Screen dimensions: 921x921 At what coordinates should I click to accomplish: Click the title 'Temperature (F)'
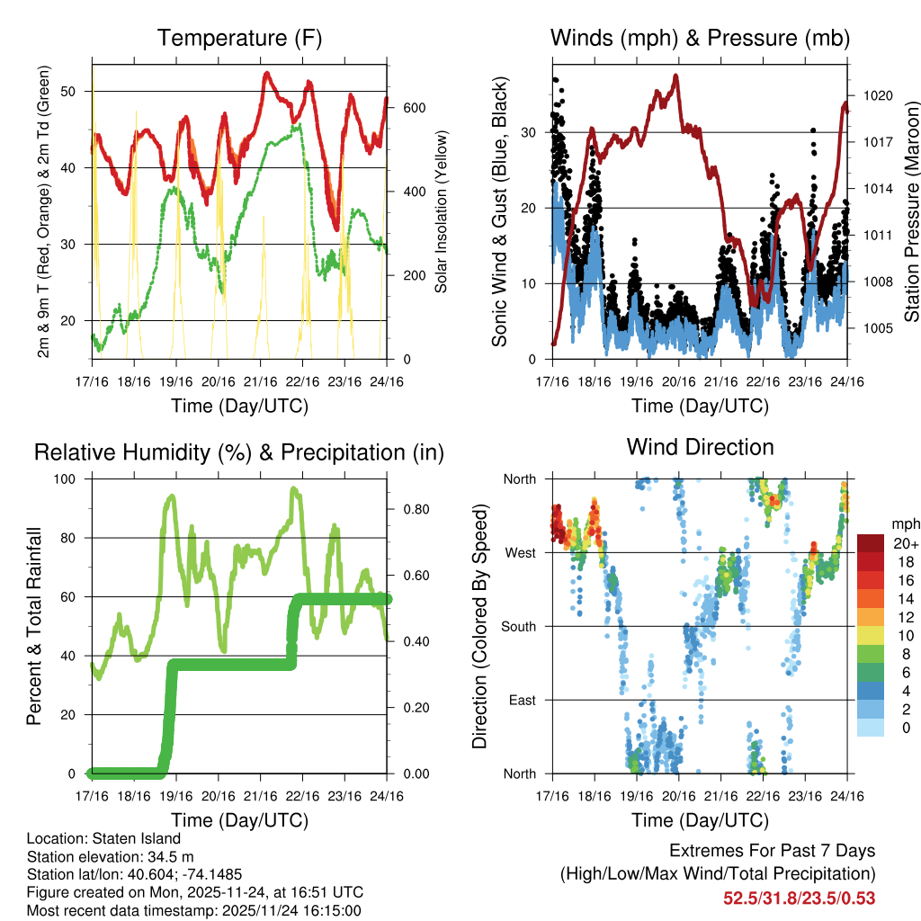click(x=239, y=39)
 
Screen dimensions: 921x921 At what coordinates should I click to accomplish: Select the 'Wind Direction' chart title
click(x=700, y=447)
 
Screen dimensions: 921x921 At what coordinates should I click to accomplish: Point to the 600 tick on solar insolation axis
click(x=413, y=108)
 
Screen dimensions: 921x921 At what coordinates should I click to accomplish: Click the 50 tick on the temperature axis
click(x=78, y=91)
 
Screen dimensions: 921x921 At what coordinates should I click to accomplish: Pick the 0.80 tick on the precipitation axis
click(x=409, y=509)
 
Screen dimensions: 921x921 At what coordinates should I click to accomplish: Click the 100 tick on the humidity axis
click(x=70, y=479)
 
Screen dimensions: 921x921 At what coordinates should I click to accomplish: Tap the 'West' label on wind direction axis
click(x=519, y=552)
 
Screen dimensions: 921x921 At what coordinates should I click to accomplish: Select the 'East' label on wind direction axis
click(x=521, y=700)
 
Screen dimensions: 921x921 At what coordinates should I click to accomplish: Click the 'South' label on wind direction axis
click(x=517, y=626)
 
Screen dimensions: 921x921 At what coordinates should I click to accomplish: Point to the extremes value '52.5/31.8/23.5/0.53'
click(x=799, y=898)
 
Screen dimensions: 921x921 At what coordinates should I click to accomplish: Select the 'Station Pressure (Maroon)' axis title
click(x=910, y=210)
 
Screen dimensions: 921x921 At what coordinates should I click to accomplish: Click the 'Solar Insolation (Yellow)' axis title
click(x=442, y=210)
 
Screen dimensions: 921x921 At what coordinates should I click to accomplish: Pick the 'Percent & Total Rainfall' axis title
click(x=35, y=626)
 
